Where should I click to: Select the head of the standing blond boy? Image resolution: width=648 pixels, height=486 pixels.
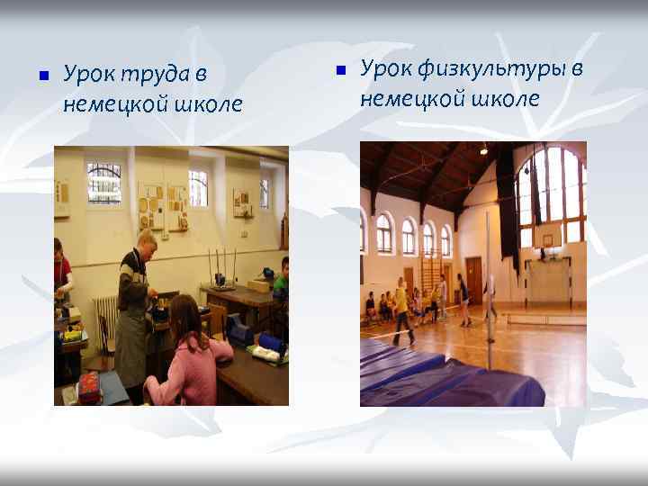pyautogui.click(x=146, y=241)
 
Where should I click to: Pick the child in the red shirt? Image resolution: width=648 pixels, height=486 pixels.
pyautogui.click(x=60, y=269)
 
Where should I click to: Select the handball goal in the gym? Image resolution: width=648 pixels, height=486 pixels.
pyautogui.click(x=550, y=282)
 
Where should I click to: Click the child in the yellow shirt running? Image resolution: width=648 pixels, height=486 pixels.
pyautogui.click(x=401, y=309)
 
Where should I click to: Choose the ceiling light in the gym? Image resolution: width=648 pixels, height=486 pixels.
pyautogui.click(x=483, y=149)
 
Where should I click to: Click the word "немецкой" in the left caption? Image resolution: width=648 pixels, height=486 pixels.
pyautogui.click(x=103, y=103)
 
